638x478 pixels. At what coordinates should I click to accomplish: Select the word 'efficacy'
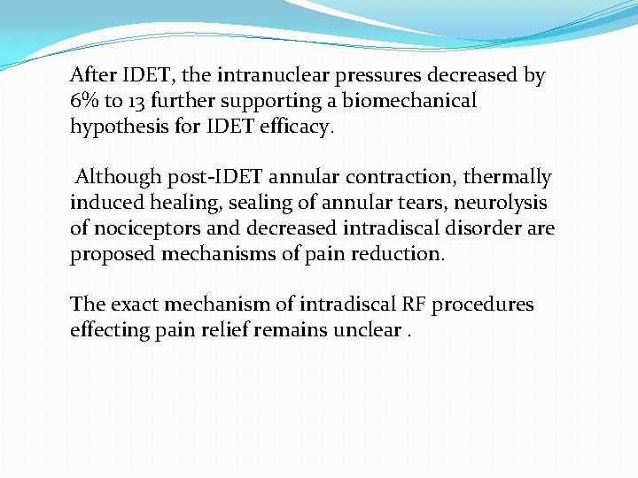(x=299, y=127)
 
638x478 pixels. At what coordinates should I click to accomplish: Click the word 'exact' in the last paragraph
(x=134, y=305)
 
